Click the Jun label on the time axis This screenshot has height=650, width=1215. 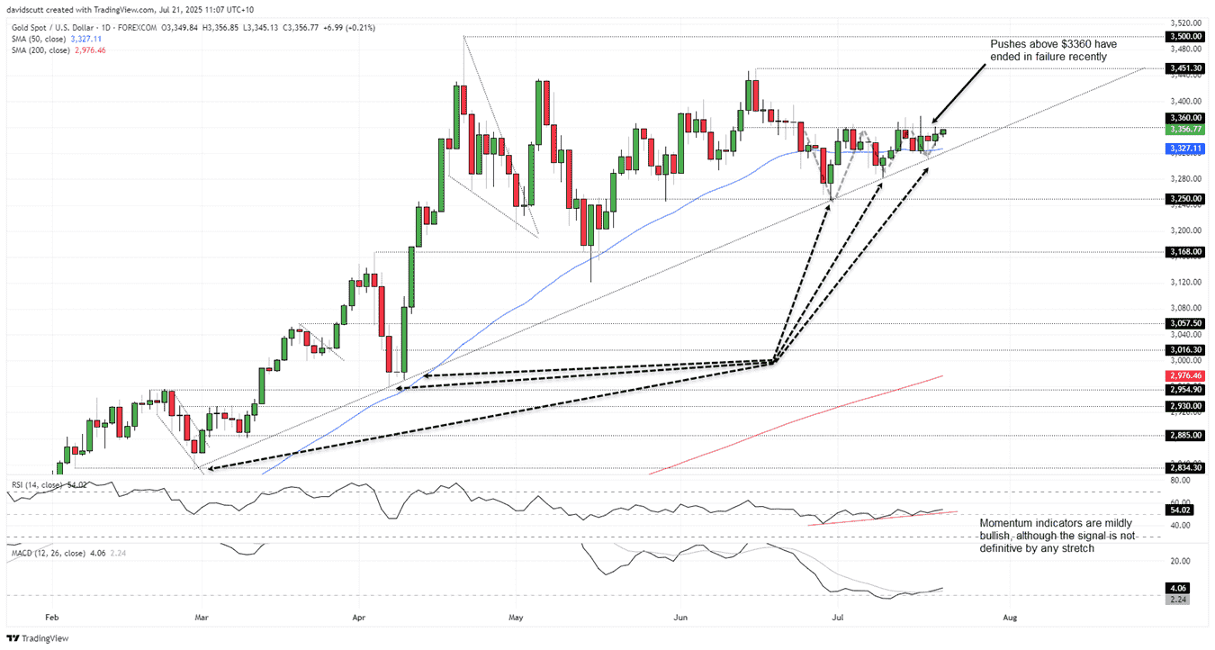tap(680, 618)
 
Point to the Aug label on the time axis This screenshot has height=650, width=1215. tap(1010, 618)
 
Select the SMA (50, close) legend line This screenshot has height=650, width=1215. tap(54, 39)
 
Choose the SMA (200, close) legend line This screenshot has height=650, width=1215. tap(56, 50)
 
